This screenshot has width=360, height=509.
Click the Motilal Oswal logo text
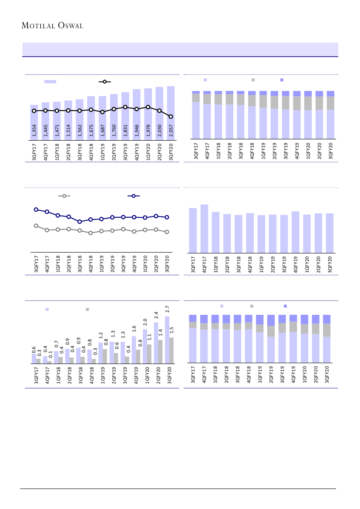(52, 26)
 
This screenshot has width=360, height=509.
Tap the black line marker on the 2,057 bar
(171, 116)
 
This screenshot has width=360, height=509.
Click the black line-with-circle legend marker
(104, 81)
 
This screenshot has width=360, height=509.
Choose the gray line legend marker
(64, 196)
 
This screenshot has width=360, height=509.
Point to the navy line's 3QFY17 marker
(36, 209)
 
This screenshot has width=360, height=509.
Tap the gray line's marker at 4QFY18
(91, 233)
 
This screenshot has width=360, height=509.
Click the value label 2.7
(167, 310)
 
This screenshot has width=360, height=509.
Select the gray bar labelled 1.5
(172, 351)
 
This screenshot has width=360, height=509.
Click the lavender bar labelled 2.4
(156, 342)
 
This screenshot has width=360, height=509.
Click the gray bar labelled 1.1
(149, 354)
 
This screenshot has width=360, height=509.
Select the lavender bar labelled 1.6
(134, 349)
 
